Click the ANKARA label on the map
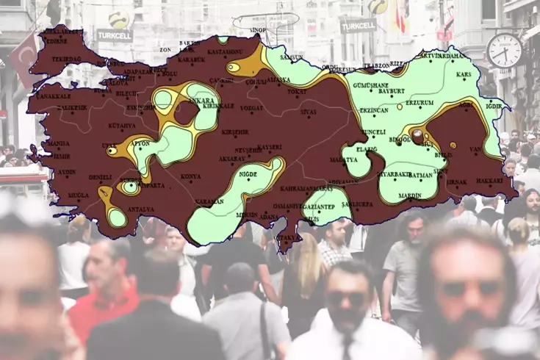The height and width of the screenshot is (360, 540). tap(201, 100)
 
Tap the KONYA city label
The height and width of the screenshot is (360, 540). tap(191, 176)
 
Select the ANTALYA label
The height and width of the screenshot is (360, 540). tap(140, 209)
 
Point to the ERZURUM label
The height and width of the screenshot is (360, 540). tap(420, 103)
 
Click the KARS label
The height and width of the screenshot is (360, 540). tap(464, 75)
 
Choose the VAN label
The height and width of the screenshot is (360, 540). tap(475, 149)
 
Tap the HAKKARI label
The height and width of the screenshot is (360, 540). tap(489, 180)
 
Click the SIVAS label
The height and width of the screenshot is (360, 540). tap(309, 112)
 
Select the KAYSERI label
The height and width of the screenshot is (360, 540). tap(270, 148)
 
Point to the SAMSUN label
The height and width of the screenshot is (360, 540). tap(292, 57)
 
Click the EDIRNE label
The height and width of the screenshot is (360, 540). tap(57, 41)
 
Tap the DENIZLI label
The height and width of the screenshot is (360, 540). tap(100, 177)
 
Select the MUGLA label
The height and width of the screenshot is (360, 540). tap(79, 195)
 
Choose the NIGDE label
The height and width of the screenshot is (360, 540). tap(248, 174)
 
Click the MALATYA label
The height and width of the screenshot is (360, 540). tap(343, 159)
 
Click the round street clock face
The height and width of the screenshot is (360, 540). tap(504, 51)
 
